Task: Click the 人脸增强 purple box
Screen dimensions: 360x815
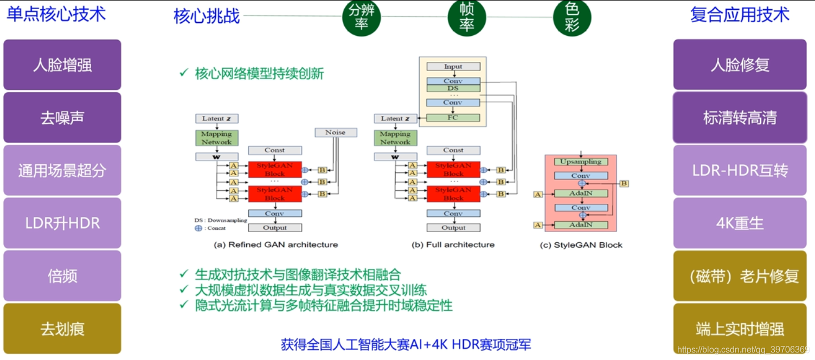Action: click(62, 65)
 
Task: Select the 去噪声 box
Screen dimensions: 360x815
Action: click(62, 118)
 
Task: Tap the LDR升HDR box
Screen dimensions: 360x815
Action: click(62, 223)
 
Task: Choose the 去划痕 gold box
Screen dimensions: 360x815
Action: click(62, 329)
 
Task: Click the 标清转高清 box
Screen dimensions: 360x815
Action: click(740, 118)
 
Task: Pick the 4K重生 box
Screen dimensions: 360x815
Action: click(740, 223)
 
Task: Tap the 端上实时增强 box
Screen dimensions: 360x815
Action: click(740, 329)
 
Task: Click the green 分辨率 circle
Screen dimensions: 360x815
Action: click(361, 17)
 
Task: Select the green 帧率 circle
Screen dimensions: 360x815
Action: click(466, 17)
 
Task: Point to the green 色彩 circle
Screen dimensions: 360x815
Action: click(572, 17)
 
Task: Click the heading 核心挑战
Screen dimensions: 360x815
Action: click(207, 16)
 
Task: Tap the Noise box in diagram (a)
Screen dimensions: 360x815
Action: click(336, 132)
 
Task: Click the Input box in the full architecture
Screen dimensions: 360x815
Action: click(453, 67)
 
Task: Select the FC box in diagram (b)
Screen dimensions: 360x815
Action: click(453, 118)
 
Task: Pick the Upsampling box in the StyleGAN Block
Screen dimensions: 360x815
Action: click(581, 162)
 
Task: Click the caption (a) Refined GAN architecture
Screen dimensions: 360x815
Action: click(276, 245)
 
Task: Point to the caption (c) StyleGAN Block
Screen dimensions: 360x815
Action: click(581, 245)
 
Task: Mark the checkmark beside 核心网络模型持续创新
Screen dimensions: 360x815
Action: click(184, 73)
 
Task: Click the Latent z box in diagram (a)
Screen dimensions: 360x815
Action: click(217, 119)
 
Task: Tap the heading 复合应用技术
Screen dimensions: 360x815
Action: click(740, 15)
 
